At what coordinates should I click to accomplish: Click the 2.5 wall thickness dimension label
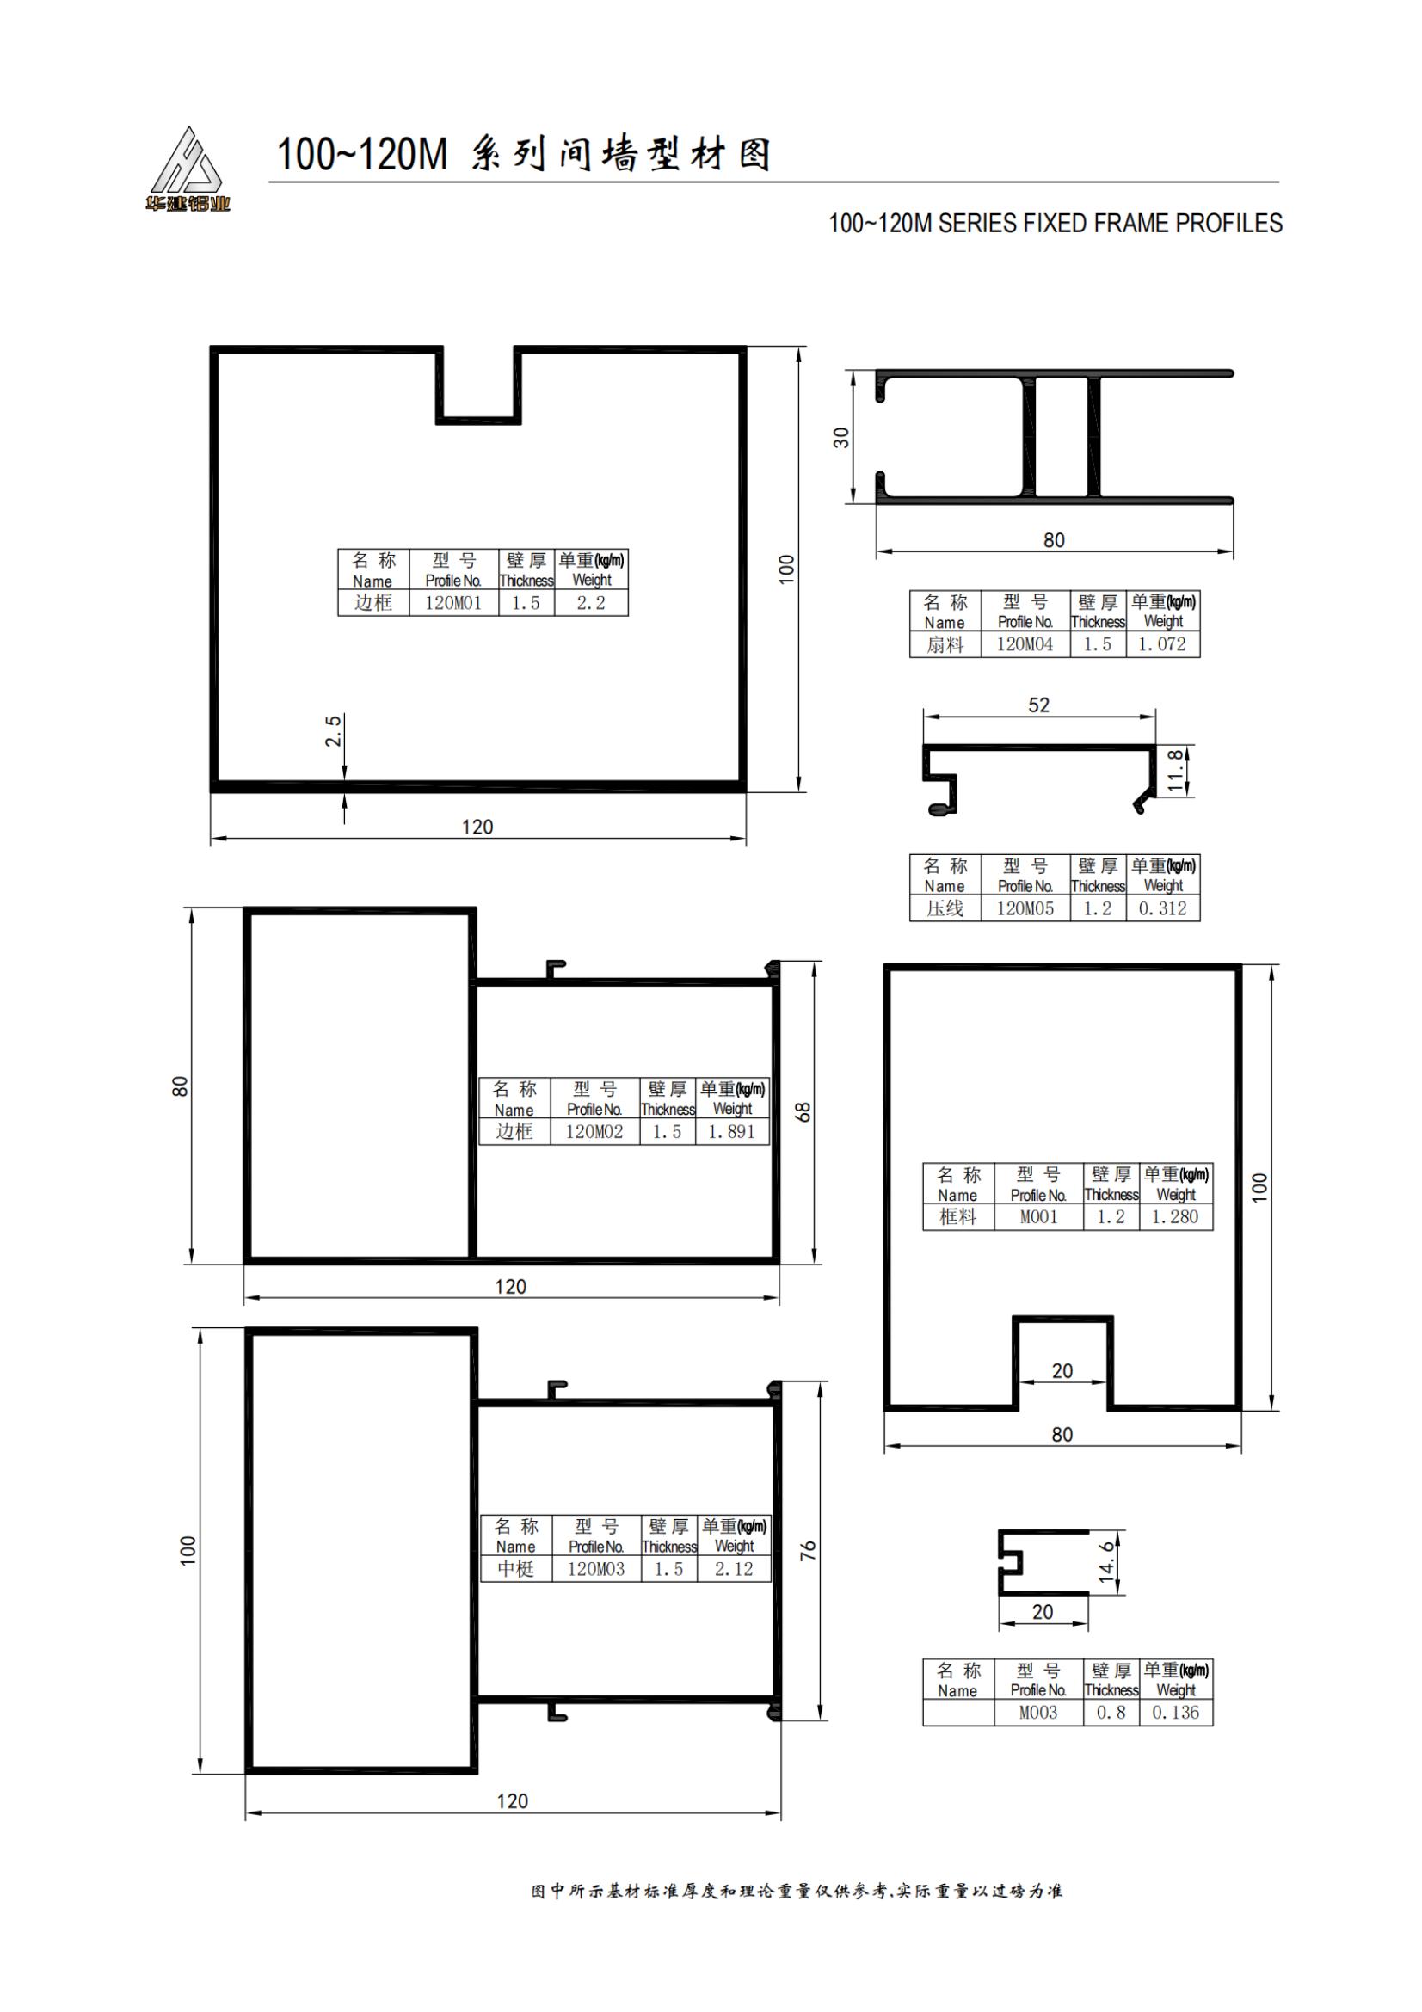(x=333, y=731)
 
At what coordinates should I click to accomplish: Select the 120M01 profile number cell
(x=453, y=603)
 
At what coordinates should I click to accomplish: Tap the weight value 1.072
(x=1162, y=644)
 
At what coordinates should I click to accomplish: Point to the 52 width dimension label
(x=1038, y=705)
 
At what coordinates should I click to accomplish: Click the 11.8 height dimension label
(x=1175, y=770)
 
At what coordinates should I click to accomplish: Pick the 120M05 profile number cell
(x=1025, y=908)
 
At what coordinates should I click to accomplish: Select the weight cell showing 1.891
(x=731, y=1131)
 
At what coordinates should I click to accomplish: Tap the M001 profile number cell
(x=1038, y=1216)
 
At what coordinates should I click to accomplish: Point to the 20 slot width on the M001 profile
(x=1062, y=1370)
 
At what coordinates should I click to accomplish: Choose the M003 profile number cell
(x=1038, y=1712)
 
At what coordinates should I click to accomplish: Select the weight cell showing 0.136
(x=1175, y=1712)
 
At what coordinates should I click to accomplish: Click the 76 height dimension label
(x=807, y=1549)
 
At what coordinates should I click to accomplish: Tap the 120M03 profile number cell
(x=596, y=1569)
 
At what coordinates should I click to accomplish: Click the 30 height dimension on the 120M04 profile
(x=841, y=437)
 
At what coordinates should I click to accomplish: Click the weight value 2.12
(x=733, y=1569)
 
